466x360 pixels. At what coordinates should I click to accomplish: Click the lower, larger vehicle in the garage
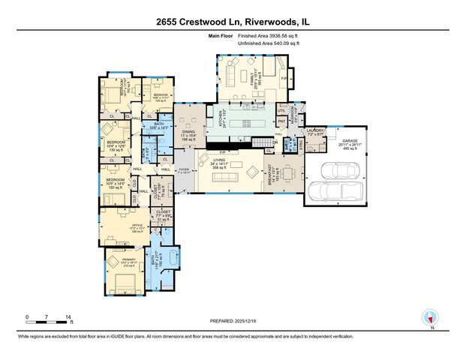click(x=335, y=190)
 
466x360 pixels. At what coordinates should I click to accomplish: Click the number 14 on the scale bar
click(x=69, y=317)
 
